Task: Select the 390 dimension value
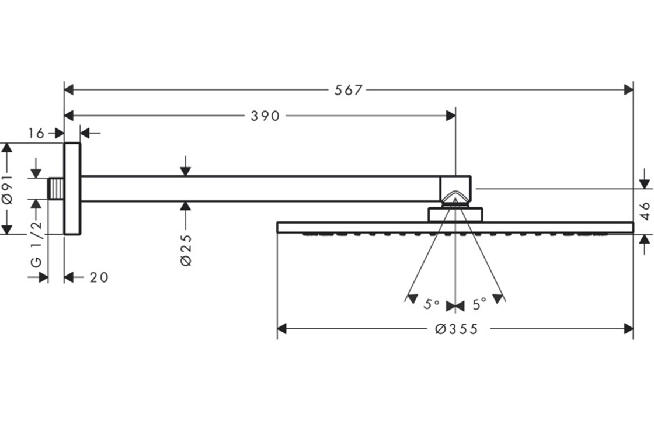point(265,116)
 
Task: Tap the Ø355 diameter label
point(456,329)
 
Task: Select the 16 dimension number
point(36,134)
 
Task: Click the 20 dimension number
point(99,277)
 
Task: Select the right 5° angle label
point(479,304)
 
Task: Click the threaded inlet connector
point(55,189)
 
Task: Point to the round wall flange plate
point(72,189)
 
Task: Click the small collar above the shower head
point(455,214)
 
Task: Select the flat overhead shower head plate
point(455,227)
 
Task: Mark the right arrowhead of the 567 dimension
point(629,90)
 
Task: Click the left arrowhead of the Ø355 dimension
point(282,329)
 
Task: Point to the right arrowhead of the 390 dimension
point(451,116)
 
